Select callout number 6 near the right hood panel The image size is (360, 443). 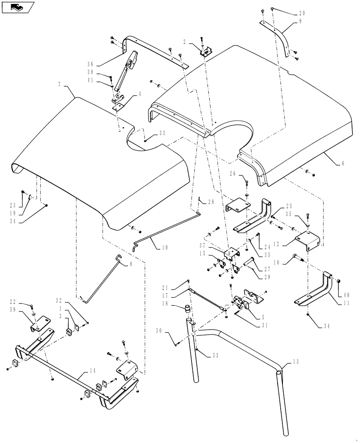tap(342, 163)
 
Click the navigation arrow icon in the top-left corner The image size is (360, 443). tap(17, 7)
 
